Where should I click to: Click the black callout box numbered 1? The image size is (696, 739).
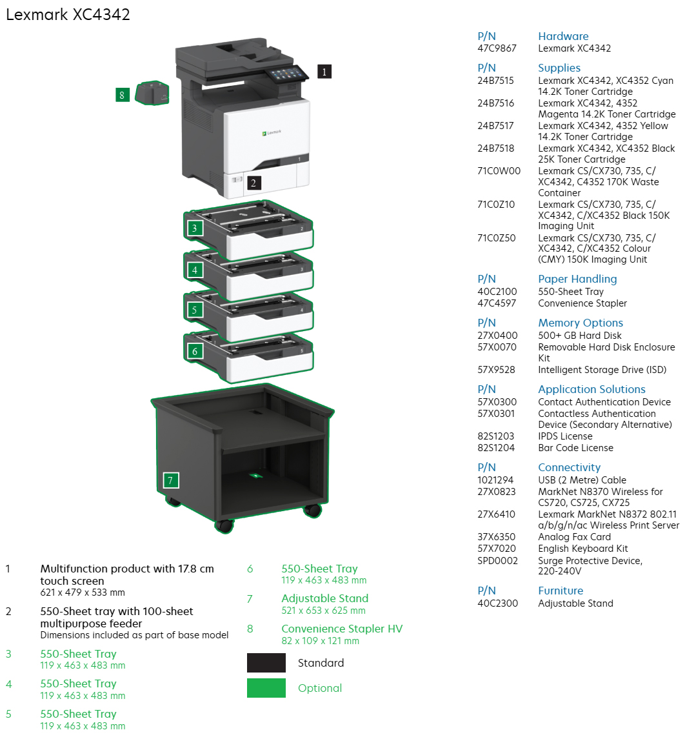324,72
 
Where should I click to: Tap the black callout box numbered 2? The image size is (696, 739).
253,183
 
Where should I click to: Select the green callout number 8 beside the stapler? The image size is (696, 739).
121,96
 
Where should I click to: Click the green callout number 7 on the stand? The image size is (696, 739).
170,480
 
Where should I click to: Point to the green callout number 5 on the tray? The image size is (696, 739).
194,310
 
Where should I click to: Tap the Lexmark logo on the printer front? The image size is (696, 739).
272,133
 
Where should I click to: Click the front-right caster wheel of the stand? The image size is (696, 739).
312,511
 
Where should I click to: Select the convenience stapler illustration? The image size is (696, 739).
152,93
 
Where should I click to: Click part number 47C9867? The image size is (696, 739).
497,48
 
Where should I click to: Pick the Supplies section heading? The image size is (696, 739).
559,68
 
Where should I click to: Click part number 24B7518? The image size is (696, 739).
495,148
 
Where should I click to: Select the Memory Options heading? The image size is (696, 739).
581,323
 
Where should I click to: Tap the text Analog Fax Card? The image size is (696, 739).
574,537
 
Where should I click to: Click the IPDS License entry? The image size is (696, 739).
565,436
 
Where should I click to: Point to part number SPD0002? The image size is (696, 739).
497,561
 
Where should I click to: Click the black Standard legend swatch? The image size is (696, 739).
266,663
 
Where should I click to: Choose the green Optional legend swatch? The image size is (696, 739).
266,688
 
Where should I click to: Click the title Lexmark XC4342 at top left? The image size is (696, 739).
68,15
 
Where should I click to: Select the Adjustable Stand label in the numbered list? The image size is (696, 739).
324,599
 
